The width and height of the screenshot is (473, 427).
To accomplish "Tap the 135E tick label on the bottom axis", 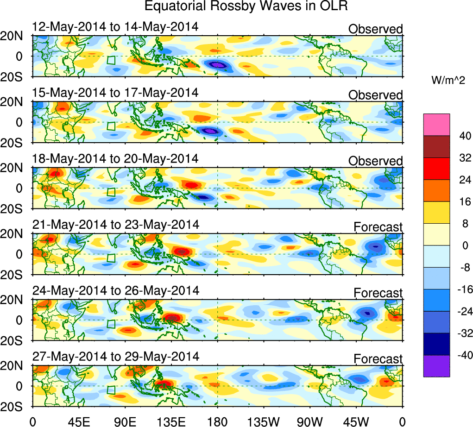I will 171,421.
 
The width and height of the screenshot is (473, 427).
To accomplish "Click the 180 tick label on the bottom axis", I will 218,421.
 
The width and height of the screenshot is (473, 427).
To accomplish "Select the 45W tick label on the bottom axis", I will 356,421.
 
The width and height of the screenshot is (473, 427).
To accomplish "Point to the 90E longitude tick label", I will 125,421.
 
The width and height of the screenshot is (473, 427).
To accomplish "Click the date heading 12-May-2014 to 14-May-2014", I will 115,27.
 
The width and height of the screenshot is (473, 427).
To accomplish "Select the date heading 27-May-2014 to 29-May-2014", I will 116,357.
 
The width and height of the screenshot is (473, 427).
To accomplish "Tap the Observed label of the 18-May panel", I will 375,161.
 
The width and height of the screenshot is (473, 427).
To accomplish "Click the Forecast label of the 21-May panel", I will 378,227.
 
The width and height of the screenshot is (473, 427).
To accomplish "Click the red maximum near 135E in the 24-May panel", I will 172,318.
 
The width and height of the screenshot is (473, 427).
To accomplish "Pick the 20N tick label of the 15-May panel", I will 16,102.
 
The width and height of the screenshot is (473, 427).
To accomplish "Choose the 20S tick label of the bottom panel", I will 16,406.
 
